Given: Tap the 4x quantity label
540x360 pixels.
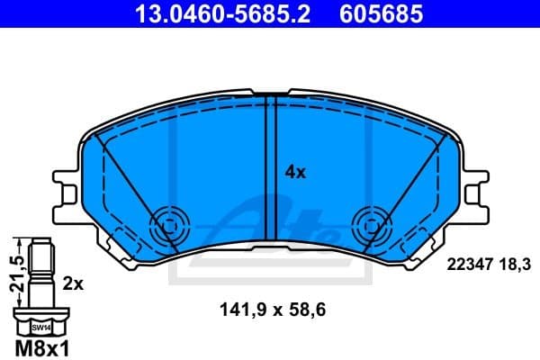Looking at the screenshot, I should point(295,171).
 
